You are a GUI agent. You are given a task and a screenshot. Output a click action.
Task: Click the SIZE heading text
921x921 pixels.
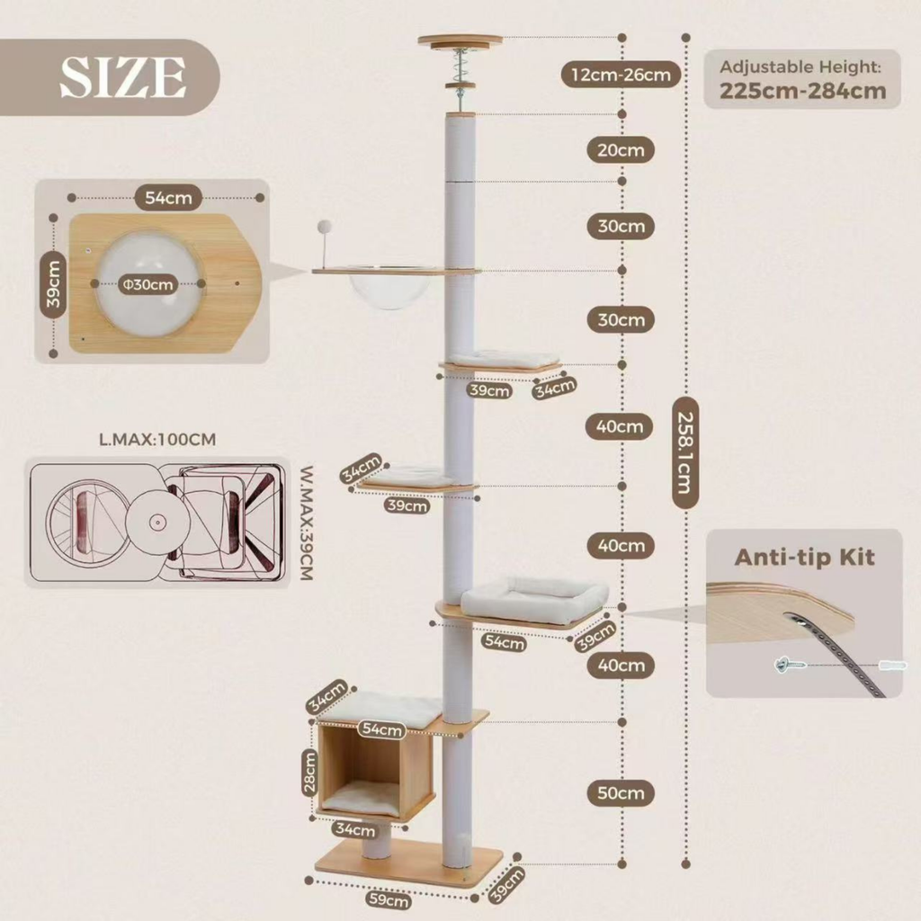[123, 77]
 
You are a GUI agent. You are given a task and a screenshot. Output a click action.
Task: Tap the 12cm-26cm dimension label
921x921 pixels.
[621, 75]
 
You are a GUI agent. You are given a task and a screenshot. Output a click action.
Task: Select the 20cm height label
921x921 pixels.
[621, 150]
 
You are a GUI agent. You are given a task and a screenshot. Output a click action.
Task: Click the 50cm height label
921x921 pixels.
[621, 793]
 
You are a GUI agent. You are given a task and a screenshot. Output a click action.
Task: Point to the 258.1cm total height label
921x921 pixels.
[685, 453]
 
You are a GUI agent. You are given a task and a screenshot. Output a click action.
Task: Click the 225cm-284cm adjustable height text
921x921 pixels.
[802, 91]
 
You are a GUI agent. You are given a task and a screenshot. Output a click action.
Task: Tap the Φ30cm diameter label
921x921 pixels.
[148, 285]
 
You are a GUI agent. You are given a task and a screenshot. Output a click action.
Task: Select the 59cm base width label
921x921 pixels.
[388, 899]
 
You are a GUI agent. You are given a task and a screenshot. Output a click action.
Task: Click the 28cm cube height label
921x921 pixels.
[309, 772]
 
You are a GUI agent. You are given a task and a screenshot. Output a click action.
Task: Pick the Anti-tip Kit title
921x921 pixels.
[804, 557]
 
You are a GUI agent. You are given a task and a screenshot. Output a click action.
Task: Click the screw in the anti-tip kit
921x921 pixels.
[790, 665]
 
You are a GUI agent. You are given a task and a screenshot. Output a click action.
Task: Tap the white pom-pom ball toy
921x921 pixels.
[324, 227]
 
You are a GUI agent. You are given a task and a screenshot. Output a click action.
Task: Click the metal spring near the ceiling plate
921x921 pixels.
[460, 64]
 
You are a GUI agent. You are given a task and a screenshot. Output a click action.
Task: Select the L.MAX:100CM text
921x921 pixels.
[157, 439]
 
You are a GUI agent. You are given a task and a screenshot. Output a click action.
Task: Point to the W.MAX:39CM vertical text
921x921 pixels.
[306, 523]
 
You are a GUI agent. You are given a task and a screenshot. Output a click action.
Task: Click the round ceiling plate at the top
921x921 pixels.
[460, 41]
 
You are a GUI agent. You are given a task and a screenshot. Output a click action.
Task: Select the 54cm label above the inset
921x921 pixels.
[168, 198]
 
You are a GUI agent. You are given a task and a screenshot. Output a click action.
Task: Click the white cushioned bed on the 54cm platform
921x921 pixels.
[534, 598]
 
